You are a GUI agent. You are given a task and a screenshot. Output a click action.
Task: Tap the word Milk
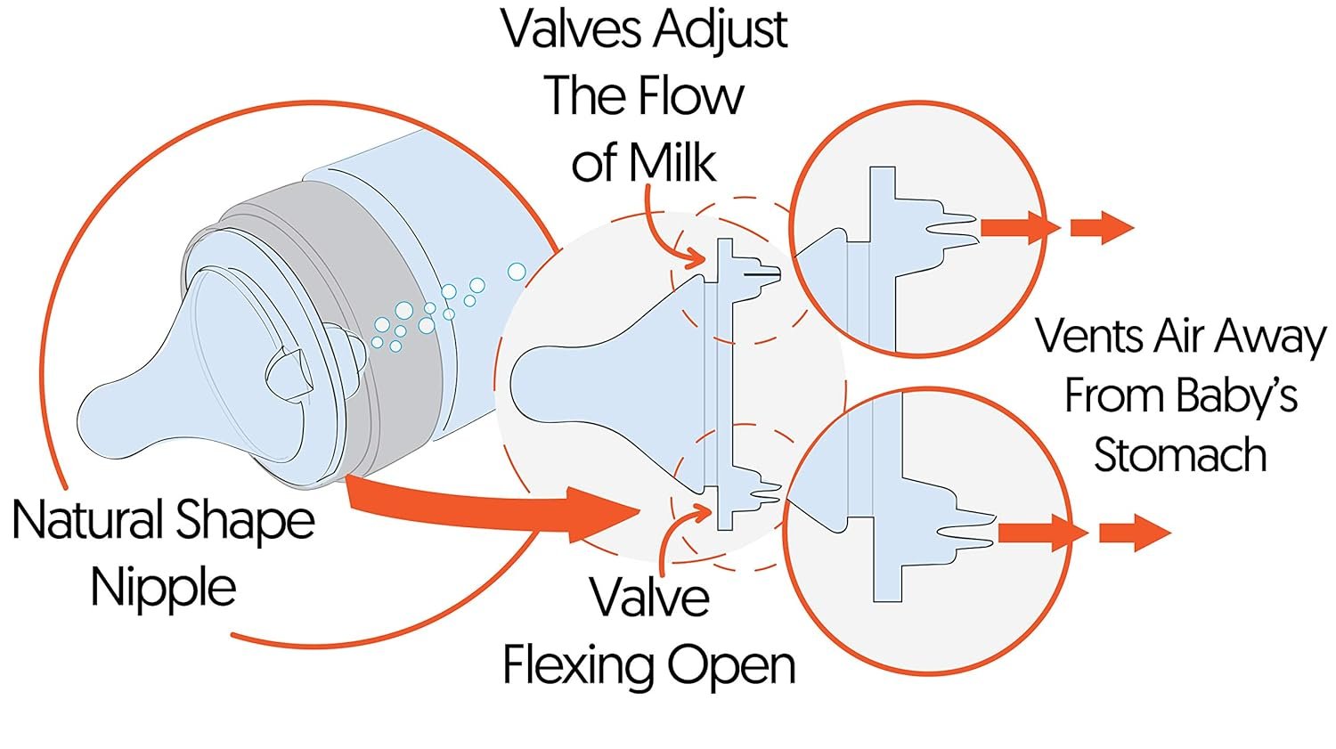click(x=672, y=163)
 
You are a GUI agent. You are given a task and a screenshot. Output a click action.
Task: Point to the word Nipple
click(x=164, y=588)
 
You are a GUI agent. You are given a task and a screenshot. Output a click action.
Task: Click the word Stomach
click(x=1180, y=455)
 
